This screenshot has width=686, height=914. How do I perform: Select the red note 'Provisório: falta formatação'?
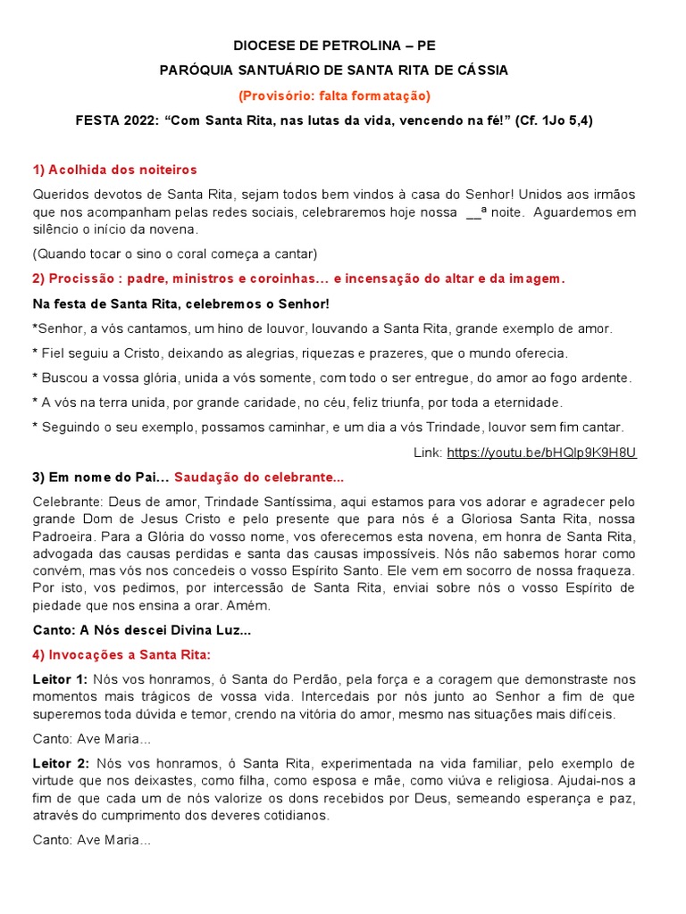(x=334, y=95)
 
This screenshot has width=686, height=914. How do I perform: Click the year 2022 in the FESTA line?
(x=138, y=120)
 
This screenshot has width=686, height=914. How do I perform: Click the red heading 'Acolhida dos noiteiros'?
(x=114, y=170)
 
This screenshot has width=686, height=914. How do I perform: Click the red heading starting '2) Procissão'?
(x=298, y=278)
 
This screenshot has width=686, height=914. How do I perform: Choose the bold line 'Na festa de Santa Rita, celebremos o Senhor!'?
(x=180, y=303)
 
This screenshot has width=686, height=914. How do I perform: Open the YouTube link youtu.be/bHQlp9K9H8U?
(x=541, y=453)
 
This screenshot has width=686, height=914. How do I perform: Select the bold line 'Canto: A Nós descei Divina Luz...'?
(x=142, y=630)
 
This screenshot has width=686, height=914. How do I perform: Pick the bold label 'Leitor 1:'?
(x=60, y=680)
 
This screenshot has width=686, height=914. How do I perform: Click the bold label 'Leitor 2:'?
(x=60, y=764)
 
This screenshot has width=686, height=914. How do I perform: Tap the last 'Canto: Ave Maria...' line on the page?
(x=92, y=840)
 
